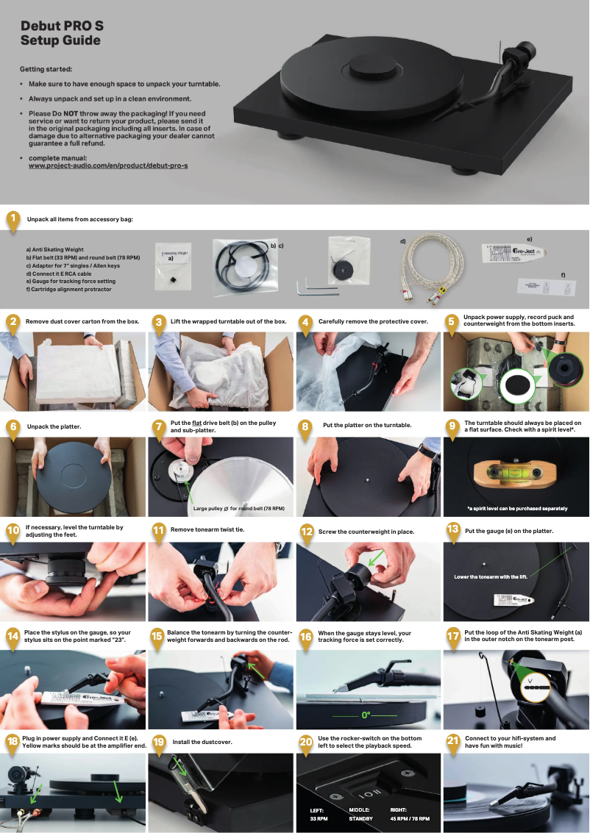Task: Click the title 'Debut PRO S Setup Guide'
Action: pyautogui.click(x=62, y=33)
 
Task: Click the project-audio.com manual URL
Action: pyautogui.click(x=107, y=165)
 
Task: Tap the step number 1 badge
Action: pyautogui.click(x=13, y=219)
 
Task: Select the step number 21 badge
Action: pyautogui.click(x=454, y=740)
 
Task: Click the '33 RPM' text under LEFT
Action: pyautogui.click(x=319, y=818)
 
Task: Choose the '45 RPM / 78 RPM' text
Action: pyautogui.click(x=410, y=818)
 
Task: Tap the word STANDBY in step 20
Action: pyautogui.click(x=360, y=818)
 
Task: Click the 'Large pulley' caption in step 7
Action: pyautogui.click(x=238, y=508)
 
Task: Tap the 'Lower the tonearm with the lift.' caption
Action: pyautogui.click(x=491, y=577)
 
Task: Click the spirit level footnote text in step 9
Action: pyautogui.click(x=516, y=508)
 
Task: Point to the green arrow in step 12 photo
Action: pyautogui.click(x=377, y=561)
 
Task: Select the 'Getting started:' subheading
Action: pyautogui.click(x=46, y=68)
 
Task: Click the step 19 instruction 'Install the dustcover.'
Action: pyautogui.click(x=202, y=742)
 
